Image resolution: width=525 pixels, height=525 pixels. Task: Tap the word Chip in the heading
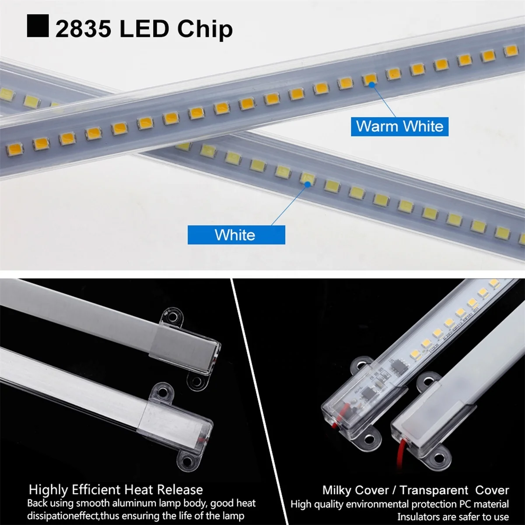(x=205, y=29)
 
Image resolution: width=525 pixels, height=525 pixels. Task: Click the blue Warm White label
(x=399, y=126)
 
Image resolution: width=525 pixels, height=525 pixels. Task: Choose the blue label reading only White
(x=236, y=235)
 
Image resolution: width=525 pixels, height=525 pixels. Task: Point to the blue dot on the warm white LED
(x=372, y=85)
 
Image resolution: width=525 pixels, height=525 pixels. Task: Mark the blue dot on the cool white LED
(x=307, y=184)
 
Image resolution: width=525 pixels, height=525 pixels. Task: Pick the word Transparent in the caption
(x=433, y=490)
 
